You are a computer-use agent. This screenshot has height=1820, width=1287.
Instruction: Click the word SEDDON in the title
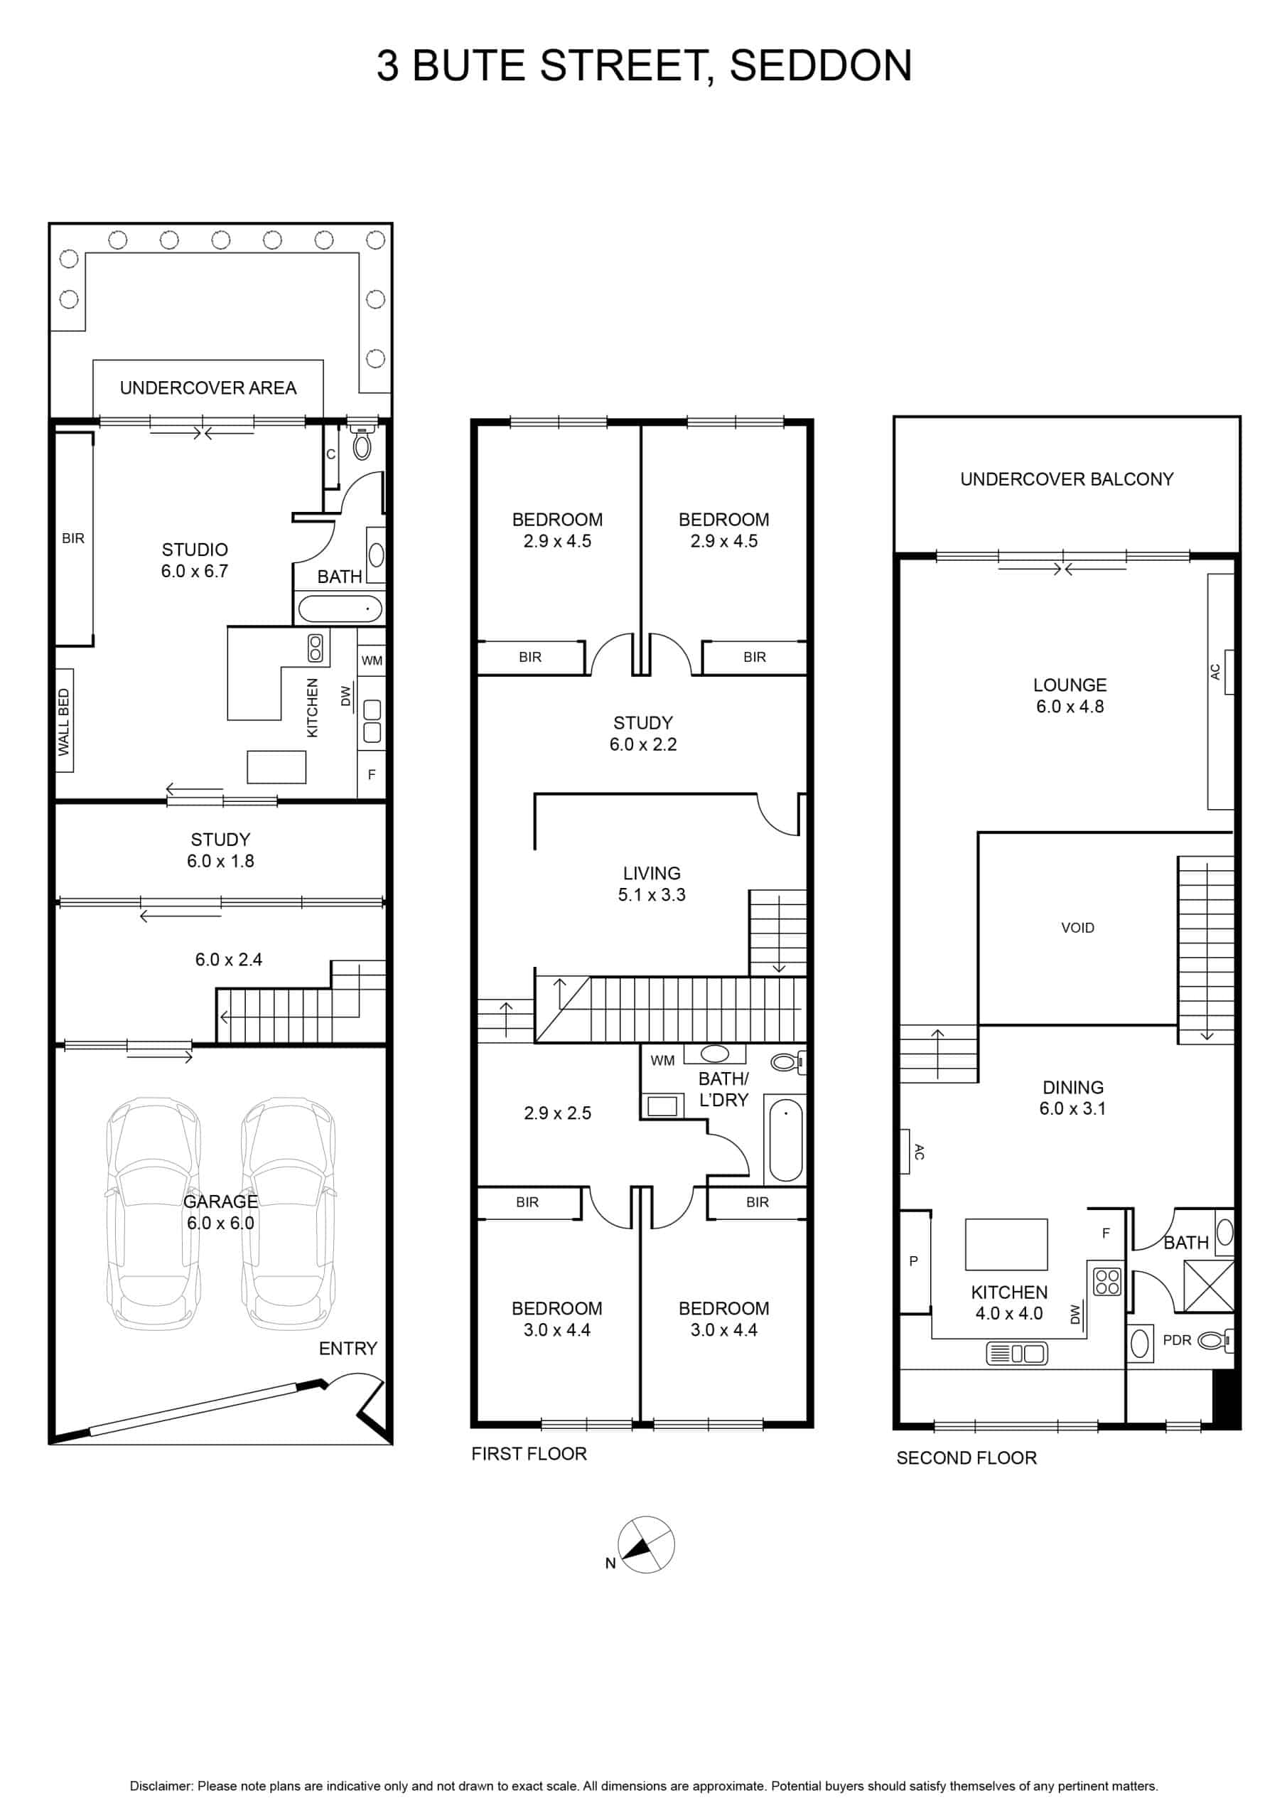(820, 66)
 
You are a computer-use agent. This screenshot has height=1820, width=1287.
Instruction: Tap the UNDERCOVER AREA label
(208, 387)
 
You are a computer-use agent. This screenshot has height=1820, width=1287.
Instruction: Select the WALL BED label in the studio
(64, 722)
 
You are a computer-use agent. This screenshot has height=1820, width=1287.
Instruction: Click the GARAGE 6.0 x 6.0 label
(220, 1212)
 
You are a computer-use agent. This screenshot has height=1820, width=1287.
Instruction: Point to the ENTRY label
(348, 1349)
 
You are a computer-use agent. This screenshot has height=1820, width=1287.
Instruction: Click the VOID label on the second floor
(1078, 928)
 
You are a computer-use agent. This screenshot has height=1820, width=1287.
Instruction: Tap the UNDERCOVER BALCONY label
(1067, 478)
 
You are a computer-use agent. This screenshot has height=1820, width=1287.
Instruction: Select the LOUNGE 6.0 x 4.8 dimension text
(1070, 695)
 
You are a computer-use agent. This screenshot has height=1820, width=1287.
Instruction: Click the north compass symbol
(647, 1544)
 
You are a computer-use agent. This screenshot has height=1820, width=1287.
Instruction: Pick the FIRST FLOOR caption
(529, 1454)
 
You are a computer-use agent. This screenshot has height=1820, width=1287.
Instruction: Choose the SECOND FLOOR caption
(966, 1457)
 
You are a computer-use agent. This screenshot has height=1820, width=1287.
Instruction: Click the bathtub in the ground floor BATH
(339, 609)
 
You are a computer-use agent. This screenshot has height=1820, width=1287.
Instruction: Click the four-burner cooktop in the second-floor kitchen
(1107, 1282)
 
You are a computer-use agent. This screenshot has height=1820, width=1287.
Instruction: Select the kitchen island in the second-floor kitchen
(1006, 1245)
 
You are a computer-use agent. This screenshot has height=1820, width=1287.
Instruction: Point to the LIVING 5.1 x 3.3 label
(652, 884)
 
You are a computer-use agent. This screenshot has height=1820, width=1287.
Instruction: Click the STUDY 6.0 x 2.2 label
(642, 733)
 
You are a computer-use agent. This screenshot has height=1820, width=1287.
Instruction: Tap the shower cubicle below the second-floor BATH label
(1209, 1286)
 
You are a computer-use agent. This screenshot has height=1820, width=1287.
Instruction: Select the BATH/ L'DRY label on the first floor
(723, 1089)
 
